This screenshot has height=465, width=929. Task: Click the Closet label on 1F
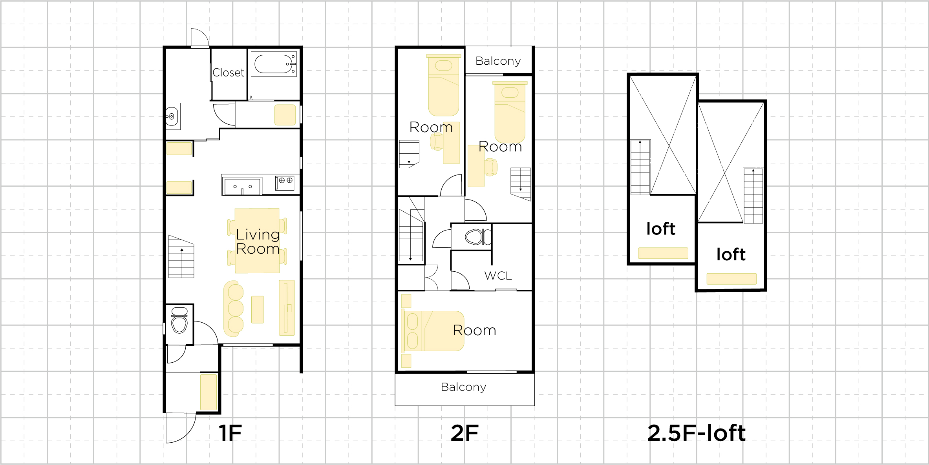[228, 73]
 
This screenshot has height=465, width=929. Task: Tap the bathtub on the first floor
[274, 64]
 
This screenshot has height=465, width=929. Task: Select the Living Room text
[258, 242]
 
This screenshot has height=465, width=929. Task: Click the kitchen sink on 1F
[241, 186]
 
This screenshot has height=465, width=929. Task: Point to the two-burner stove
[285, 183]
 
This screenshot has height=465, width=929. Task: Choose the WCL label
[498, 276]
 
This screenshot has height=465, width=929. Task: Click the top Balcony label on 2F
[498, 61]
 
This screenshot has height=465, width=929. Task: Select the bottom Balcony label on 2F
[463, 387]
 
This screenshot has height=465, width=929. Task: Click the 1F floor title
[230, 433]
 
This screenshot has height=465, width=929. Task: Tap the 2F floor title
[464, 433]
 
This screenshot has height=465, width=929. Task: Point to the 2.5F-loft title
[696, 433]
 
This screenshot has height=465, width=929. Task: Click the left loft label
[661, 229]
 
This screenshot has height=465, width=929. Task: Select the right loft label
[731, 254]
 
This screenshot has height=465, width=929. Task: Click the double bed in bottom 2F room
[432, 331]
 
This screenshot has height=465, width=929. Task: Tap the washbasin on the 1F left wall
[172, 116]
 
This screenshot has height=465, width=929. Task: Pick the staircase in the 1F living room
[181, 256]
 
